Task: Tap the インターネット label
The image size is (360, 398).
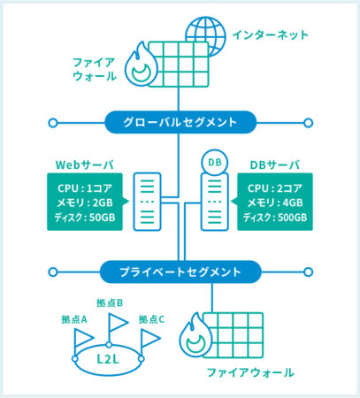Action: pyautogui.click(x=270, y=35)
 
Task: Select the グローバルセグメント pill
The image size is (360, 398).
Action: pyautogui.click(x=180, y=122)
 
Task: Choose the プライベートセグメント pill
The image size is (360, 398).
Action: pyautogui.click(x=180, y=272)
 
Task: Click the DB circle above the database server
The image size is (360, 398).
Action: pyautogui.click(x=214, y=163)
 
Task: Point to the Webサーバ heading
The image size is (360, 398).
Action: pyautogui.click(x=85, y=165)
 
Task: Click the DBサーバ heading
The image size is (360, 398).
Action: pyautogui.click(x=275, y=165)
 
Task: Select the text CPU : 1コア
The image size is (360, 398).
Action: pyautogui.click(x=85, y=188)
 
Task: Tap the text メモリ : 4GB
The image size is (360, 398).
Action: pyautogui.click(x=275, y=203)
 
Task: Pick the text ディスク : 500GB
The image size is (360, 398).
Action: pyautogui.click(x=275, y=218)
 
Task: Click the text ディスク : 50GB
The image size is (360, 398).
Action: pyautogui.click(x=85, y=218)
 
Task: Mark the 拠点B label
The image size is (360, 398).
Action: pyautogui.click(x=110, y=302)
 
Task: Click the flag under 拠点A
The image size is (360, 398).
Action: pyautogui.click(x=83, y=339)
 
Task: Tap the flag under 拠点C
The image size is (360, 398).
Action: pyautogui.click(x=149, y=339)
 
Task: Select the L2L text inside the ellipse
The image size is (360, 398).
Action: pyautogui.click(x=108, y=359)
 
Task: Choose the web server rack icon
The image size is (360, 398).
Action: pyautogui.click(x=147, y=202)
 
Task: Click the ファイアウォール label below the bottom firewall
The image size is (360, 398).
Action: pyautogui.click(x=250, y=372)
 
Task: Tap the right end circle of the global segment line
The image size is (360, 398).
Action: pyautogui.click(x=308, y=123)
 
